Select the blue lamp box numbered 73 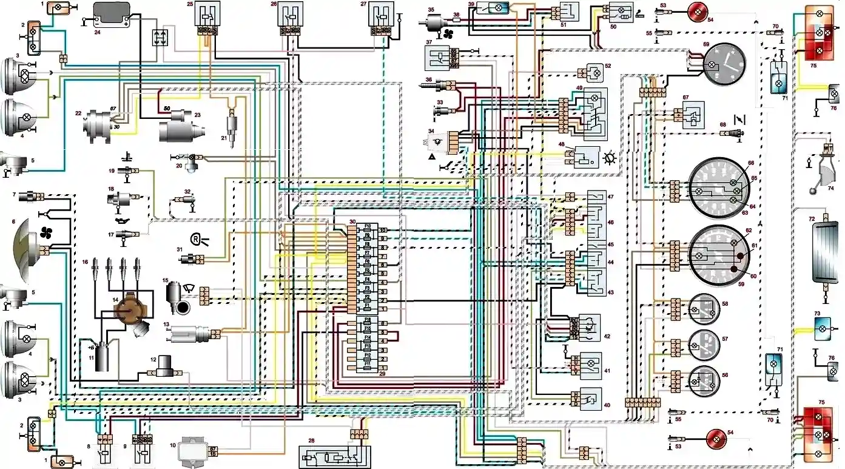coord(823,328)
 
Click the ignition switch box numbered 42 coord(587,328)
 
